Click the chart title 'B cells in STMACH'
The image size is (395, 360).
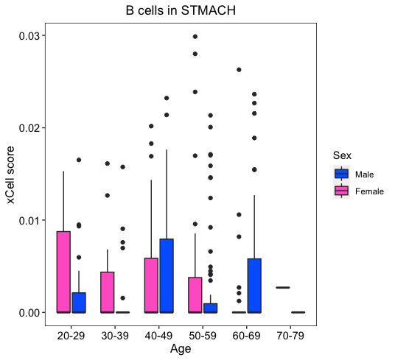coord(181,11)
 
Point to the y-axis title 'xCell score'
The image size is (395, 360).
coord(11,175)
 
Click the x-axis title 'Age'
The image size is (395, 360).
coord(181,349)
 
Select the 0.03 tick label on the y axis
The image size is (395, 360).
coord(29,36)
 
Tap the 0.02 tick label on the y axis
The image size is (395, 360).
coord(29,128)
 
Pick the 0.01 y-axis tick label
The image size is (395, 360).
coord(29,220)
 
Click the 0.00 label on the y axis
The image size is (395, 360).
coord(29,313)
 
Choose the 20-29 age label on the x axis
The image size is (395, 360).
coord(71,336)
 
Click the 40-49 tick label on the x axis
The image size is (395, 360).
coord(158,336)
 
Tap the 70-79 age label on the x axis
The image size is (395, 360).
coord(290,336)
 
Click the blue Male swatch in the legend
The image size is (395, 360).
coord(342,174)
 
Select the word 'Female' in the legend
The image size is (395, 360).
coord(369,191)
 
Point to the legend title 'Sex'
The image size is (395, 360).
coord(342,155)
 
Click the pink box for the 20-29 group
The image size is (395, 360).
coord(63,272)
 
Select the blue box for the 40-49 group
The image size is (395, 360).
coord(167,276)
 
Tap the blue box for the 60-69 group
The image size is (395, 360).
coord(254,286)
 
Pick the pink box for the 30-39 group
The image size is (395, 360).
coord(108,292)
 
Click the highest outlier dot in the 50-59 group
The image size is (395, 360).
coord(195,37)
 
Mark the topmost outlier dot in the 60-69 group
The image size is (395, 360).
coord(239,70)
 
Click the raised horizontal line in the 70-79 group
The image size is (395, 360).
coord(283,287)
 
